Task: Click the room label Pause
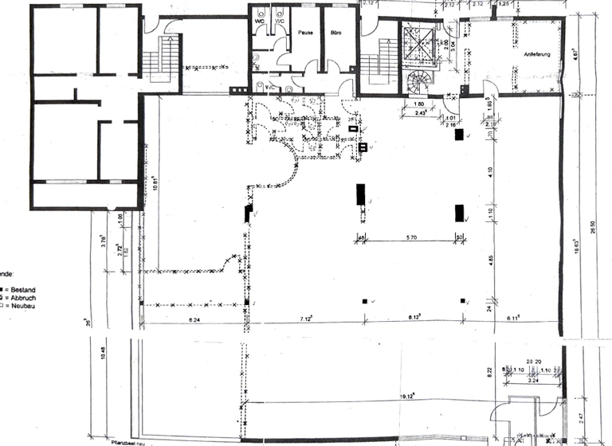pyautogui.click(x=305, y=33)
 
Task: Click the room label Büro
pyautogui.click(x=335, y=33)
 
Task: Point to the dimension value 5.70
pyautogui.click(x=412, y=237)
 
